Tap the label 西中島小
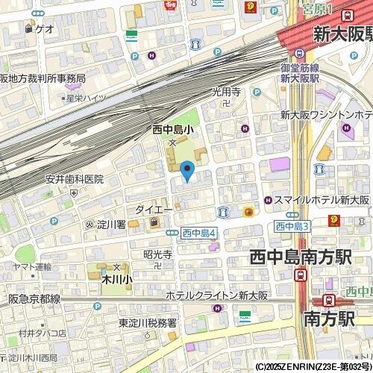click(173, 130)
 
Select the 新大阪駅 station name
click(342, 34)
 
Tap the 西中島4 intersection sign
click(198, 233)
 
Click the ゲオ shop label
click(44, 29)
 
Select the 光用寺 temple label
click(225, 93)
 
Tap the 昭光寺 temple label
click(157, 254)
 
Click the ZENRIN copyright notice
click(313, 367)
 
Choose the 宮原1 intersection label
click(317, 10)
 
